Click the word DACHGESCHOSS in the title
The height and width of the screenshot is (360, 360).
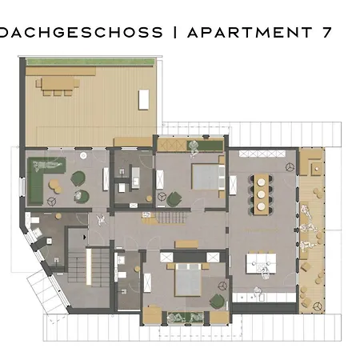coord(81,32)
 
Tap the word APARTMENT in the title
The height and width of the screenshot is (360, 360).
coord(250,32)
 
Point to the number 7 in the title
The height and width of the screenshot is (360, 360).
coord(326,32)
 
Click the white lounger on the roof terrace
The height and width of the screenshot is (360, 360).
coord(144,99)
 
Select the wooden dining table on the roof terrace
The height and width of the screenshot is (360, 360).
coord(58,83)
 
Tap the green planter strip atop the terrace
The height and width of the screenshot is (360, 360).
coord(90,62)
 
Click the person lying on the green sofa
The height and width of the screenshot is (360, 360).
coord(47,165)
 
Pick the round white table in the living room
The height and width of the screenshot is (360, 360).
coord(83,155)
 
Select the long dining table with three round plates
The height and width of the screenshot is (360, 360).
coord(261,194)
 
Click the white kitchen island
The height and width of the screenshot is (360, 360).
coord(261,263)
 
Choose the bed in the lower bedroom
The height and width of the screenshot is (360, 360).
coord(188,280)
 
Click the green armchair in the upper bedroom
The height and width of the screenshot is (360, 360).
coord(174,199)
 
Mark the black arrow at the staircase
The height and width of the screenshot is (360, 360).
coord(85,237)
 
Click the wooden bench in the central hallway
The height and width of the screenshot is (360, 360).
coord(186,244)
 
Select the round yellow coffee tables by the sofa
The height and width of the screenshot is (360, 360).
coord(55,186)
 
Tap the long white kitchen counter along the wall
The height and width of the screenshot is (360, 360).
coord(264,298)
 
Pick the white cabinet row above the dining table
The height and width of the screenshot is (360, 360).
coord(262,154)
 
